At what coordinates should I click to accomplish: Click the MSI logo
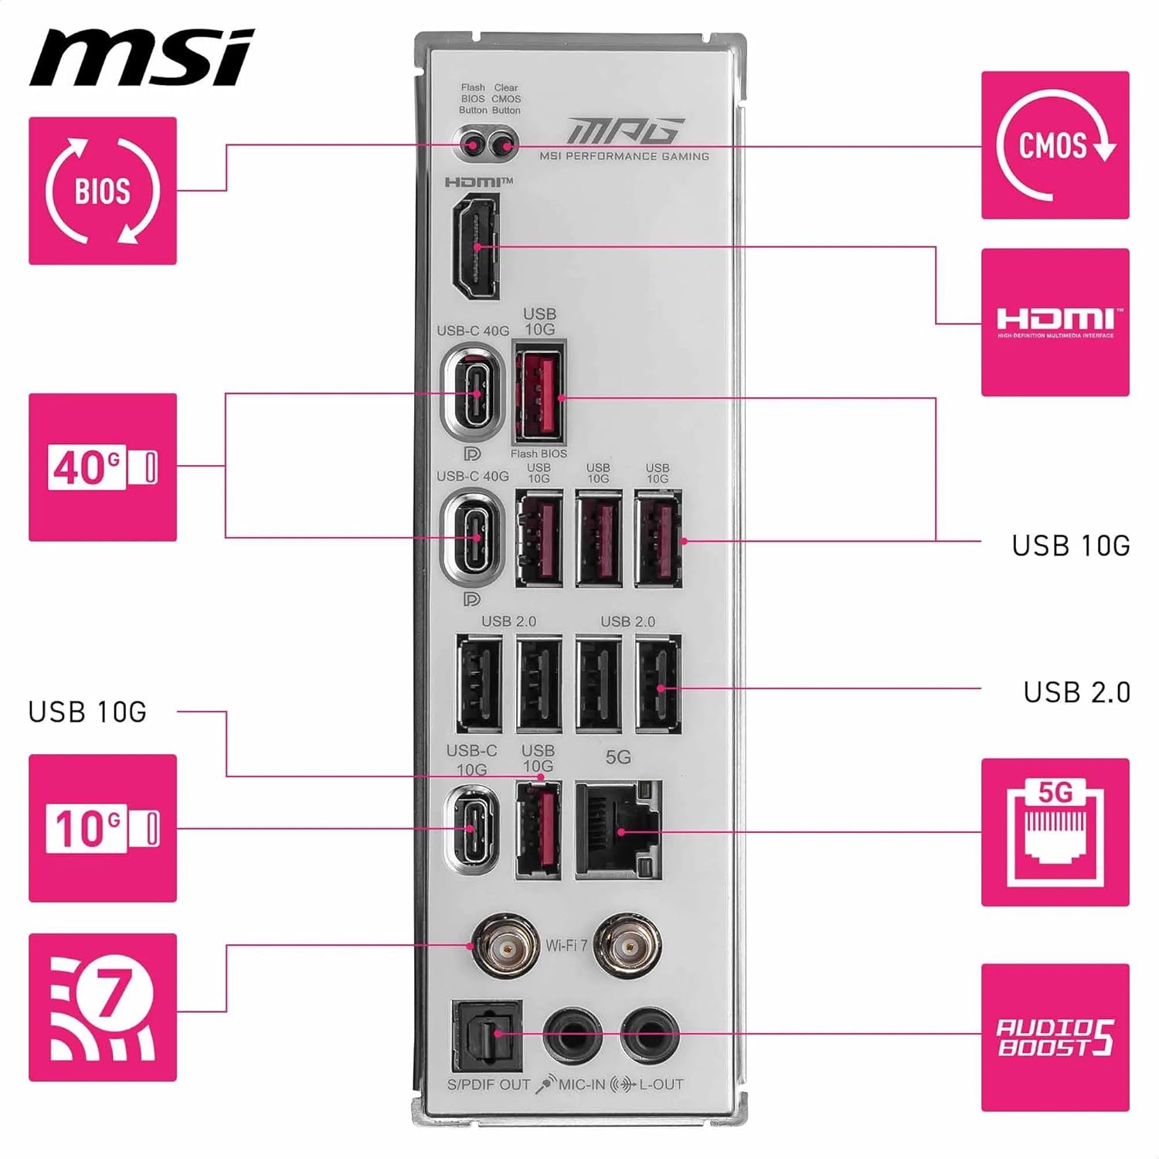click(x=141, y=58)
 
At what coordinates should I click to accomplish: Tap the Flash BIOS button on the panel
click(x=471, y=144)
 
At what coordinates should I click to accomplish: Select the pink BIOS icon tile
click(x=103, y=191)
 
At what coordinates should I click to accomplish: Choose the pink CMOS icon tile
click(x=1055, y=145)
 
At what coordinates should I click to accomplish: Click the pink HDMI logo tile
click(x=1055, y=322)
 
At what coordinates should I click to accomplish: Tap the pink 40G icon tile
click(x=103, y=467)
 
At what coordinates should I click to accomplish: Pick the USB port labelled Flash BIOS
click(x=539, y=392)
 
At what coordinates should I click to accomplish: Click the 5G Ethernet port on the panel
click(x=619, y=830)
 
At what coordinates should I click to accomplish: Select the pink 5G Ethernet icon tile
click(x=1055, y=832)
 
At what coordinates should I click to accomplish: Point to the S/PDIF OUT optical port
click(x=487, y=1035)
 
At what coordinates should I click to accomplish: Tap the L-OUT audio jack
click(x=650, y=1035)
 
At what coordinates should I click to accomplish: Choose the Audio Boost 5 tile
click(x=1055, y=1038)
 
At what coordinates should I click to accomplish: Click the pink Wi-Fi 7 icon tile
click(x=103, y=1008)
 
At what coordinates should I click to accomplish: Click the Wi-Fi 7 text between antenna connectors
click(x=566, y=945)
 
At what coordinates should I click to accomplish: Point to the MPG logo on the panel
click(x=625, y=131)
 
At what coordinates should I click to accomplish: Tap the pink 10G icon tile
click(x=103, y=828)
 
